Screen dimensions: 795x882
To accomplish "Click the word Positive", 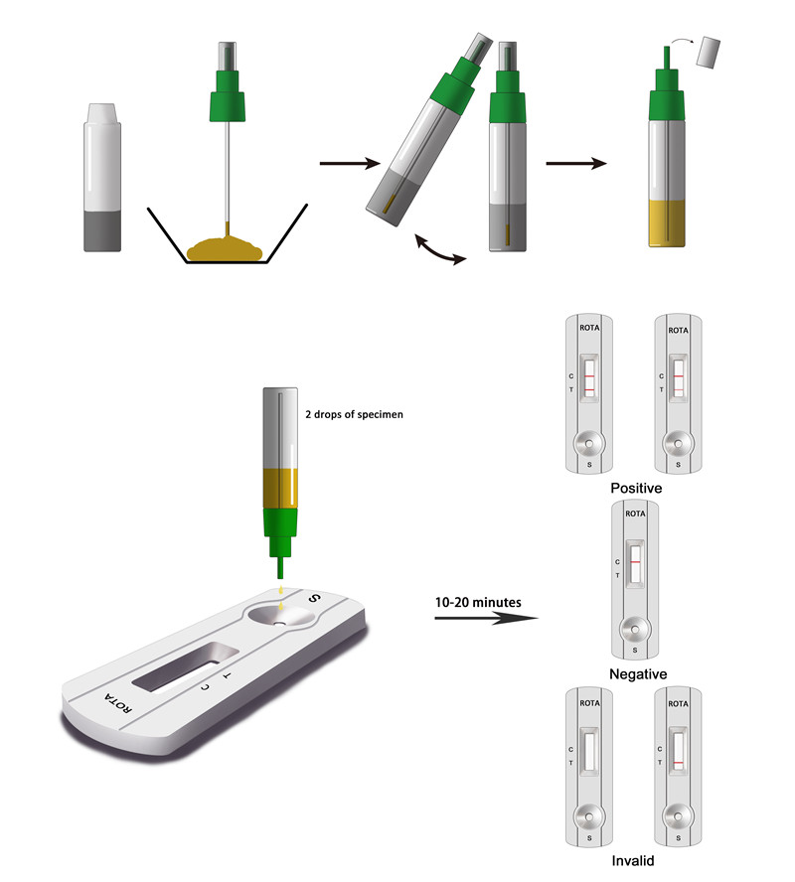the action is tap(636, 488).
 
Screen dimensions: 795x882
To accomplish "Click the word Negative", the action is tap(638, 673).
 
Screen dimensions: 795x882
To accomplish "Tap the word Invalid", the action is tap(633, 860).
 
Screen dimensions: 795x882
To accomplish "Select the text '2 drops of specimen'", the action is tap(354, 414).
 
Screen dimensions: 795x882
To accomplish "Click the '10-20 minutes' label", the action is tap(478, 603).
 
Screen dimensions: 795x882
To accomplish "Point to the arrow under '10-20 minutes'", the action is tap(486, 618).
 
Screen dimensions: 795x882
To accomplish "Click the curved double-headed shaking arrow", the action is tap(440, 251).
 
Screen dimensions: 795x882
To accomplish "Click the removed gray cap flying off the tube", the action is tap(709, 53).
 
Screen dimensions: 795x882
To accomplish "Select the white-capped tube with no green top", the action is tap(102, 177).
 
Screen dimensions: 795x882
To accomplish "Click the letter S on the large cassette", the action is tap(314, 599).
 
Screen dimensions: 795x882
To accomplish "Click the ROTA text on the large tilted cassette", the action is tap(118, 703).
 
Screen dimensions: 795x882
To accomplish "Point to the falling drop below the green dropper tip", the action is tap(281, 606).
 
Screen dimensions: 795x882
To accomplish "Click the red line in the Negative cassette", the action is tap(635, 562).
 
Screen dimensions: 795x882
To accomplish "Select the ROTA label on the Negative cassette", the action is tap(635, 514).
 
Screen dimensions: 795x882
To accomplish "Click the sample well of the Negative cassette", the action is tap(635, 630).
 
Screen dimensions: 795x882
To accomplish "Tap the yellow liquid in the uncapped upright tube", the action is tap(667, 222).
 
